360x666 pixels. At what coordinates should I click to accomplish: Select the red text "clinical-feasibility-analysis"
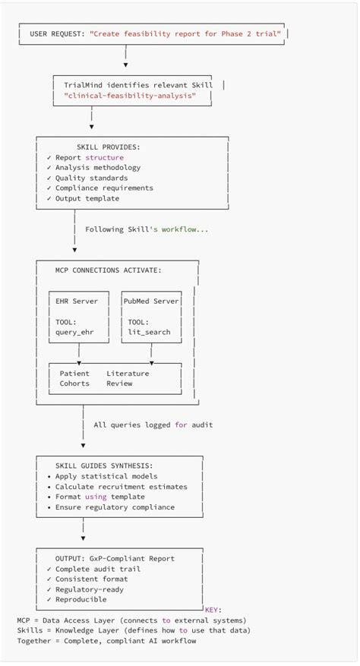coord(130,97)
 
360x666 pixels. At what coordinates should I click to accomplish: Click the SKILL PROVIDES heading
coord(108,147)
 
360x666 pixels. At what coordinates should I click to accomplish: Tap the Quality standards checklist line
coord(87,178)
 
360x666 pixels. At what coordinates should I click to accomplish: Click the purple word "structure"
coord(104,157)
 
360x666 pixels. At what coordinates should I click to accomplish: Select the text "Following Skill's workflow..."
coord(147,229)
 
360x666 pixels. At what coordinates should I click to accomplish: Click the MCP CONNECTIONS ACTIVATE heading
coord(108,270)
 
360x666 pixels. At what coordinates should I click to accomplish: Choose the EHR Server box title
coord(77,301)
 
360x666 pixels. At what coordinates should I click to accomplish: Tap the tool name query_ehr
coord(76,332)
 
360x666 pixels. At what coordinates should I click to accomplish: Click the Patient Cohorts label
coord(74,378)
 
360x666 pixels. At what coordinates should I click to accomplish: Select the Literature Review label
coord(128,378)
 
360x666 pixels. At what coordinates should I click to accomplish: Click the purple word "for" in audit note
coord(181,425)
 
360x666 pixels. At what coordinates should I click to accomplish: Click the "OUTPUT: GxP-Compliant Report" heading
coord(115,558)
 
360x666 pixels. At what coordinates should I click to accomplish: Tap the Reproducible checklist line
coord(81,599)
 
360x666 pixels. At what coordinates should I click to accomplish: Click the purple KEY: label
coord(213,609)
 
